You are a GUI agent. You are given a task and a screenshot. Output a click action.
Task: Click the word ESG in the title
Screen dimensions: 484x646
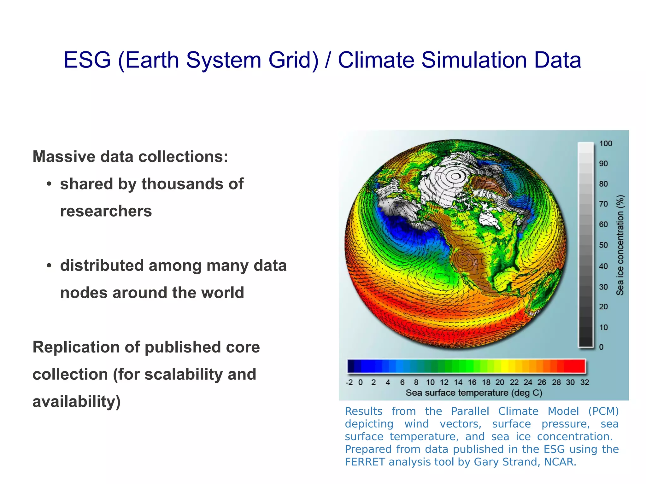(87, 60)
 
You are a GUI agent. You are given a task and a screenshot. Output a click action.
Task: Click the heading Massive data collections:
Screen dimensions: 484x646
(130, 157)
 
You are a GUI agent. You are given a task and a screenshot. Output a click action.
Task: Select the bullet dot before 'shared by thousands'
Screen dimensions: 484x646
(49, 184)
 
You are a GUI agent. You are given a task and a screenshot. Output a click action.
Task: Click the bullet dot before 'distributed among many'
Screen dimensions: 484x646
(49, 266)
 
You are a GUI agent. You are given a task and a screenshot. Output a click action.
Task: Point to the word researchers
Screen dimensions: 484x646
(106, 211)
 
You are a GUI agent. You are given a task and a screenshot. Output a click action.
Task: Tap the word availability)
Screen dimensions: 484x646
(77, 402)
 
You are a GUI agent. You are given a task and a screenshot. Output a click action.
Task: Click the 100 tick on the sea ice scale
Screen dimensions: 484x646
(605, 144)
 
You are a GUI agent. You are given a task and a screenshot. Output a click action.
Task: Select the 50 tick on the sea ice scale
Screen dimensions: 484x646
(603, 245)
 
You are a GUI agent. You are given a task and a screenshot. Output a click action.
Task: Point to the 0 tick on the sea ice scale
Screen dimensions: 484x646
(601, 347)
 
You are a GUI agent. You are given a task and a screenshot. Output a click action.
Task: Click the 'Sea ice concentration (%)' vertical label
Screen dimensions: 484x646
(620, 245)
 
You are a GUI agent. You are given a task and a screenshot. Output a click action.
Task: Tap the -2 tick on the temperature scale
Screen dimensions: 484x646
(349, 382)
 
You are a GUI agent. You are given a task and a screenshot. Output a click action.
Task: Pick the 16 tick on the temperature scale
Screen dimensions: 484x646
(472, 382)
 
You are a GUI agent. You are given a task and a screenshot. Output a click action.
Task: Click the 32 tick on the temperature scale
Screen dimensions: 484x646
(584, 382)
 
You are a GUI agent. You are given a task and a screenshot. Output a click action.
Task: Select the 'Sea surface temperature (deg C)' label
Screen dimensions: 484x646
(474, 393)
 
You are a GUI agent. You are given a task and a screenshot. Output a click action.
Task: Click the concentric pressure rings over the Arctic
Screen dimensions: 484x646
(455, 176)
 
